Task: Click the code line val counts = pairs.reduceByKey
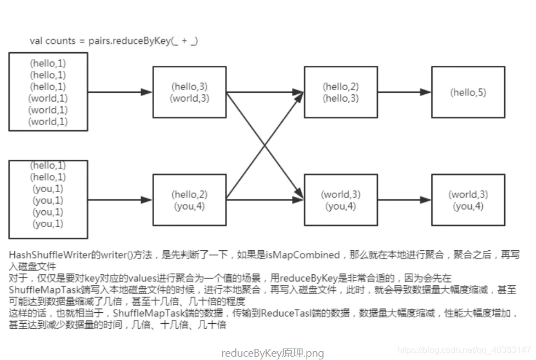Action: pyautogui.click(x=114, y=41)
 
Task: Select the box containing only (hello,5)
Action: pyautogui.click(x=468, y=92)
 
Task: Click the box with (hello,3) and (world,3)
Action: pyautogui.click(x=189, y=92)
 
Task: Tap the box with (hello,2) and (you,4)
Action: pyautogui.click(x=189, y=200)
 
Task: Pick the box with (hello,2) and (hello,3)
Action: pyautogui.click(x=341, y=92)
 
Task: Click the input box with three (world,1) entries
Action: pyautogui.click(x=48, y=92)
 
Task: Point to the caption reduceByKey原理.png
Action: pyautogui.click(x=273, y=353)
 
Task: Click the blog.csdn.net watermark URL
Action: pyautogui.click(x=464, y=350)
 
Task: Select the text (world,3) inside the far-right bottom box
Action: pyautogui.click(x=468, y=194)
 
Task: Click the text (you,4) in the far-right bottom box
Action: pyautogui.click(x=468, y=206)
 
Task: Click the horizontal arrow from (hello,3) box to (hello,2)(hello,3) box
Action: pyautogui.click(x=265, y=92)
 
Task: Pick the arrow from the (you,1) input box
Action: pyautogui.click(x=120, y=200)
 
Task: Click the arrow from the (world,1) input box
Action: pyautogui.click(x=120, y=92)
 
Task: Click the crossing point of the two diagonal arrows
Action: pyautogui.click(x=265, y=146)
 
